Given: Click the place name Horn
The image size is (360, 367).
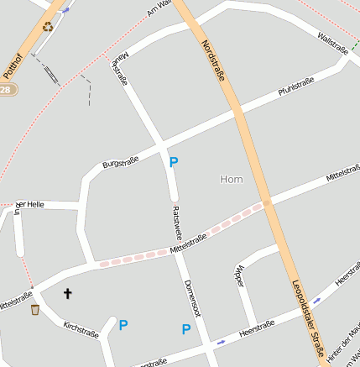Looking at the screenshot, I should tap(231, 179).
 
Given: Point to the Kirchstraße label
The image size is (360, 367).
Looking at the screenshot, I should tap(81, 328).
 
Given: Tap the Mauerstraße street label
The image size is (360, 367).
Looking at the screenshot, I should tap(119, 71).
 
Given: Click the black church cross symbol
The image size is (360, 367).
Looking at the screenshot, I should tap(68, 293).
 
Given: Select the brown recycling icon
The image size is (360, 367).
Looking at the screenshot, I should tap(48, 26).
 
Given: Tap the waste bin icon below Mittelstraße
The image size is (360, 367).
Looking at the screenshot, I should tap(34, 310).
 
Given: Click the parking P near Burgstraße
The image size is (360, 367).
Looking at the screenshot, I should tap(174, 162).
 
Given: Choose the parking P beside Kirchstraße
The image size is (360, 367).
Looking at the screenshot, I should tap(123, 325).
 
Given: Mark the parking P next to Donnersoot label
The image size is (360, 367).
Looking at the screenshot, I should tap(186, 329).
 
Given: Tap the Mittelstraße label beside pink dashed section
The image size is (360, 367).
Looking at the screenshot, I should tap(188, 244).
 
